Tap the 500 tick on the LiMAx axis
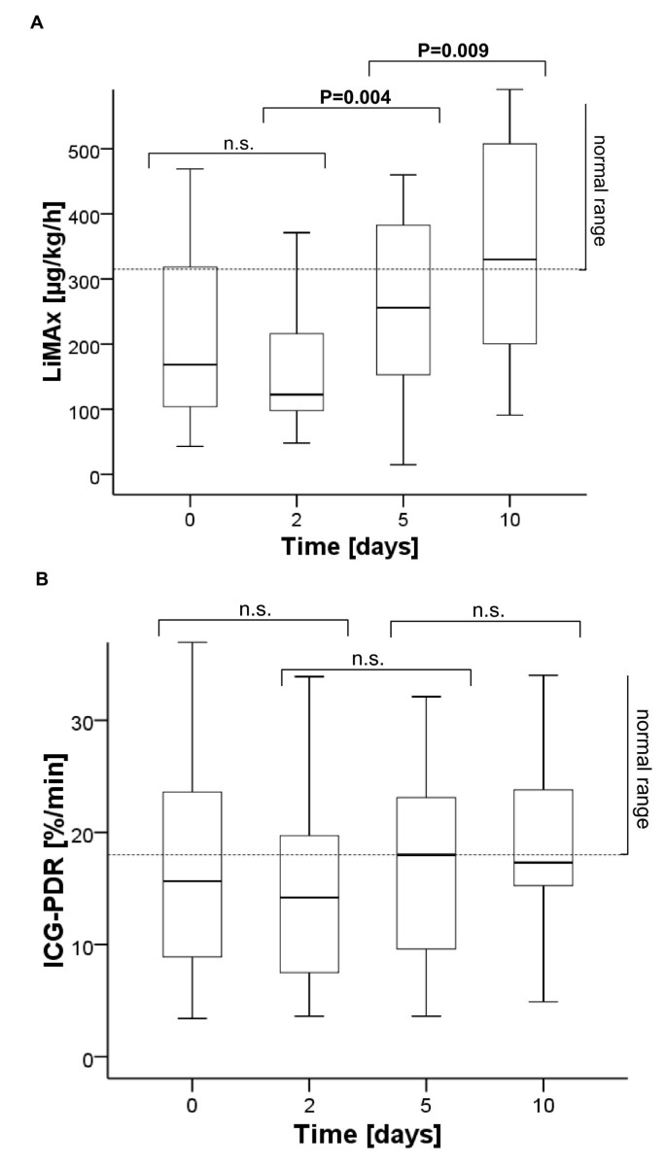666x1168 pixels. tap(86, 149)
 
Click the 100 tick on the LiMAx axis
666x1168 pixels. tap(86, 410)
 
